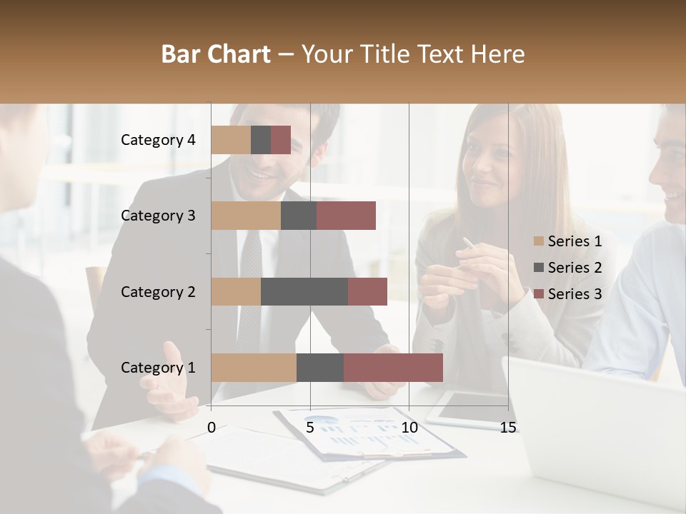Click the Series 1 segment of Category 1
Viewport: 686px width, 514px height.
click(x=254, y=368)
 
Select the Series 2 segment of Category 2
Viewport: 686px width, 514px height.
click(x=304, y=291)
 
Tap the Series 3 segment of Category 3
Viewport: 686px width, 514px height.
click(x=346, y=216)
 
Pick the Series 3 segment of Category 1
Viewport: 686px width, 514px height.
click(x=393, y=368)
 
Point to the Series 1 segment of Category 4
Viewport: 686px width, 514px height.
click(x=231, y=140)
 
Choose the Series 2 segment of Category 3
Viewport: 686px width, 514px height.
click(x=299, y=216)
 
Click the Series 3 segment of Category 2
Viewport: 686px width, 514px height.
click(x=367, y=291)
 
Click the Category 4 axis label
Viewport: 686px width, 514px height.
click(x=158, y=140)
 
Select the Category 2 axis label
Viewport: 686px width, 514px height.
click(x=158, y=291)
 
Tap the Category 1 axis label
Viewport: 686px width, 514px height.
click(x=158, y=368)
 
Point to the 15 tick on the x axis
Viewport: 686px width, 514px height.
click(x=508, y=428)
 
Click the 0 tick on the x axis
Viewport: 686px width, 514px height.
click(x=212, y=428)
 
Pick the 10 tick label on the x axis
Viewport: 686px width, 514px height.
click(x=409, y=428)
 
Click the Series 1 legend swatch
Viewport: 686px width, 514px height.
click(x=539, y=241)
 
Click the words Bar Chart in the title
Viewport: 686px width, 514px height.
click(x=216, y=54)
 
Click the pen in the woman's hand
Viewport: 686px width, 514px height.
click(x=469, y=243)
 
